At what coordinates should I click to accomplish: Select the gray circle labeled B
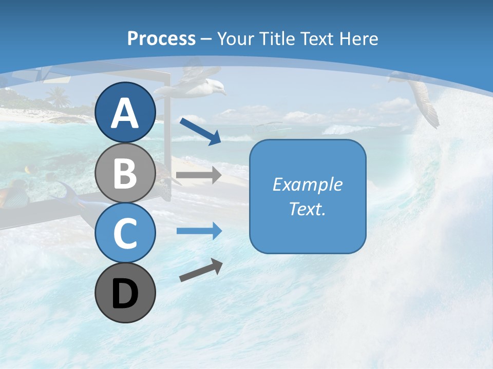[x=125, y=173]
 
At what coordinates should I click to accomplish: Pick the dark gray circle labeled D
[x=125, y=293]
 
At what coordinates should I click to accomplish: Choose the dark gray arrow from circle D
[x=201, y=270]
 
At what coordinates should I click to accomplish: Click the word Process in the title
[x=161, y=38]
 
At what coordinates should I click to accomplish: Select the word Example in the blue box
[x=308, y=184]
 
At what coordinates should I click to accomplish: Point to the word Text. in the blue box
[x=308, y=209]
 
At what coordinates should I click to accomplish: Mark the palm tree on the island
[x=58, y=96]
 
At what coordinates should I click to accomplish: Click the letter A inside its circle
[x=125, y=113]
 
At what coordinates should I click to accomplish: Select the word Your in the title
[x=234, y=38]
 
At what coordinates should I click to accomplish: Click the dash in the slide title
[x=206, y=39]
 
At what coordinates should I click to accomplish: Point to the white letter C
[x=125, y=233]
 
